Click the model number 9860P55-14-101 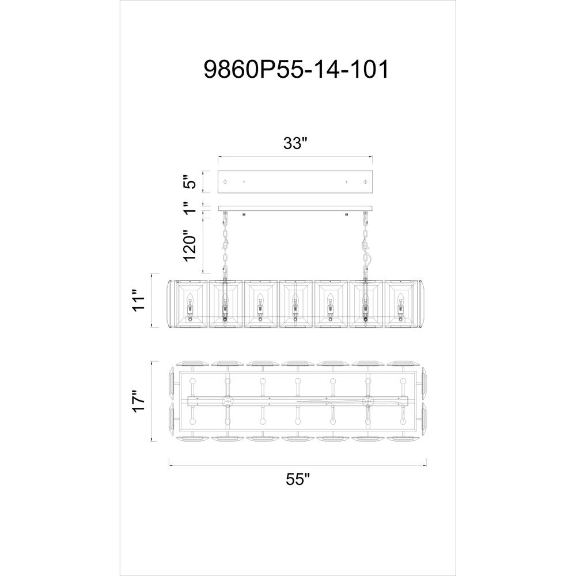click(x=296, y=70)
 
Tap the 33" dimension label click(x=294, y=143)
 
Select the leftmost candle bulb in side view click(x=190, y=298)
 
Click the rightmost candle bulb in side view click(x=401, y=298)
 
